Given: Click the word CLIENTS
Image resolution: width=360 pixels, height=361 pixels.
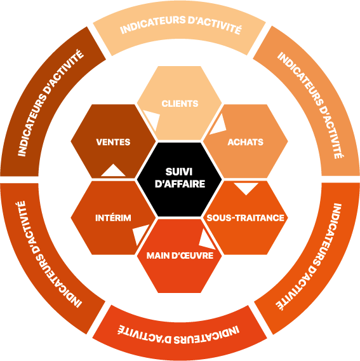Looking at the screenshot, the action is tap(180, 104).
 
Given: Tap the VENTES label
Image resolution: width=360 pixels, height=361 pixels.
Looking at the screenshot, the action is tap(113, 142).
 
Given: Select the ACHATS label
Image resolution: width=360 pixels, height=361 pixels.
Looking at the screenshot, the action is tap(246, 142).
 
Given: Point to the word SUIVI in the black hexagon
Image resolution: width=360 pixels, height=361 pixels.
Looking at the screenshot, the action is tap(179, 172).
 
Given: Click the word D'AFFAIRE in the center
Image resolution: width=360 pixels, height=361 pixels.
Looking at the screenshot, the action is tap(180, 184).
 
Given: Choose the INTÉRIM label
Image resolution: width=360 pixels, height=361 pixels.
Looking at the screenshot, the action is tap(113, 217).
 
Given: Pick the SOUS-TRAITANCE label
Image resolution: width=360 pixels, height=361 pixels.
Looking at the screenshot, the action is tap(246, 218).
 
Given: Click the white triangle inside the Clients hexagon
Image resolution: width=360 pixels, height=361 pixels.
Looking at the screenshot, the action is tap(153, 118).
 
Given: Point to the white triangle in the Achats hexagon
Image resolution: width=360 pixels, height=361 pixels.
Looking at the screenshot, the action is tap(219, 126).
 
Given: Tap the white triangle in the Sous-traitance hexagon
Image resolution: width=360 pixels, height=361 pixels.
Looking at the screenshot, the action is tap(246, 187).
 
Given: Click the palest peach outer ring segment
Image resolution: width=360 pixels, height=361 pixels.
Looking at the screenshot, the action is tap(180, 27).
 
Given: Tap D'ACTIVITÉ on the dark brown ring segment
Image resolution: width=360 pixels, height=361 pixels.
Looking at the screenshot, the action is tap(63, 72).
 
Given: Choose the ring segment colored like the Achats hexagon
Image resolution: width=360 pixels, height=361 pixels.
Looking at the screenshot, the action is tap(308, 101).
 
